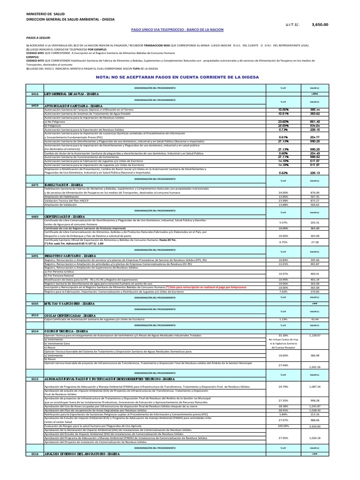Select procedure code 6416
35,94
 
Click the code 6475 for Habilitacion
35,184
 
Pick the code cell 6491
35,256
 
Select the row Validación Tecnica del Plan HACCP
68,201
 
